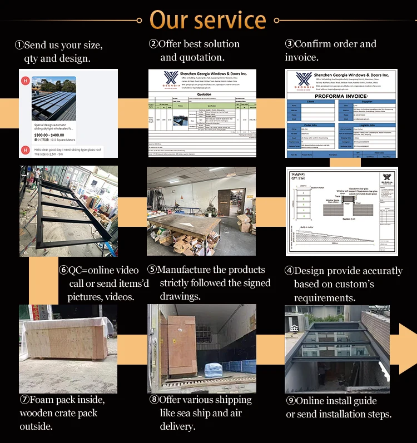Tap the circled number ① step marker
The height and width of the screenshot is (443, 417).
(x=19, y=45)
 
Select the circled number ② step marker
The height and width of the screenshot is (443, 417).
(x=153, y=44)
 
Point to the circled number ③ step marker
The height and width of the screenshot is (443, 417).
(x=290, y=44)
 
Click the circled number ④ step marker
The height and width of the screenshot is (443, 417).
(x=289, y=271)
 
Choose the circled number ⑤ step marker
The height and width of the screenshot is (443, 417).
(x=152, y=270)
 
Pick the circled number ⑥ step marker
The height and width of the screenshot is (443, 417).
(x=63, y=271)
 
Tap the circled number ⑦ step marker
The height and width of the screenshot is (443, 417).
(x=24, y=400)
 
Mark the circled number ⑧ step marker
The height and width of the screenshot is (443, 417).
(x=153, y=400)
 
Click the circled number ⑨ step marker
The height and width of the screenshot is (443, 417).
(x=290, y=401)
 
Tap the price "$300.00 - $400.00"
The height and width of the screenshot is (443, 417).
(x=48, y=135)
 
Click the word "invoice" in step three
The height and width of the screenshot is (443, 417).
(x=303, y=57)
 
